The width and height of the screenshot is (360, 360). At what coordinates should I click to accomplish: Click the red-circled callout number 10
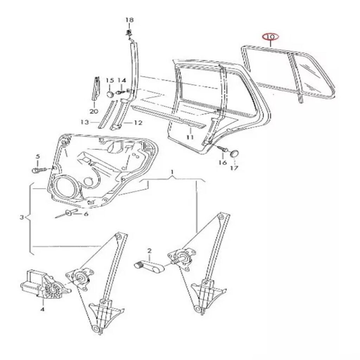coord(270,37)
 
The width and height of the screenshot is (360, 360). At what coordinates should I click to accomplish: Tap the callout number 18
coord(129,20)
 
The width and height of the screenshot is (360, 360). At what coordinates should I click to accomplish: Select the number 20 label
coord(94,111)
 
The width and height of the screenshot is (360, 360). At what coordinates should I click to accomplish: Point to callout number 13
coord(84,122)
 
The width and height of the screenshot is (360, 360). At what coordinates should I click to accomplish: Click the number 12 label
coord(138,123)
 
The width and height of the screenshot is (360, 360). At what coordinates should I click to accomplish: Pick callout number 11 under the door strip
coord(190,137)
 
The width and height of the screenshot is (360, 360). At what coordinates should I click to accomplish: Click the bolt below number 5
coord(39,170)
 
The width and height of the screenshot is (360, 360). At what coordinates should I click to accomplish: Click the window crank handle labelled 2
coord(149,266)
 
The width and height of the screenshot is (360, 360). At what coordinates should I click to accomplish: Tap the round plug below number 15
coord(110,94)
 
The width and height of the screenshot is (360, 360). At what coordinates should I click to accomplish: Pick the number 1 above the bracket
coord(172,172)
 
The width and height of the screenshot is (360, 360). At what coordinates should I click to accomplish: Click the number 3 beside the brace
coord(22,217)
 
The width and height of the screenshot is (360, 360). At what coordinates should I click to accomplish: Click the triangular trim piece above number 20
coord(96,89)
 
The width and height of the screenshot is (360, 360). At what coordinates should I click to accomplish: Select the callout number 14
coord(122,81)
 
